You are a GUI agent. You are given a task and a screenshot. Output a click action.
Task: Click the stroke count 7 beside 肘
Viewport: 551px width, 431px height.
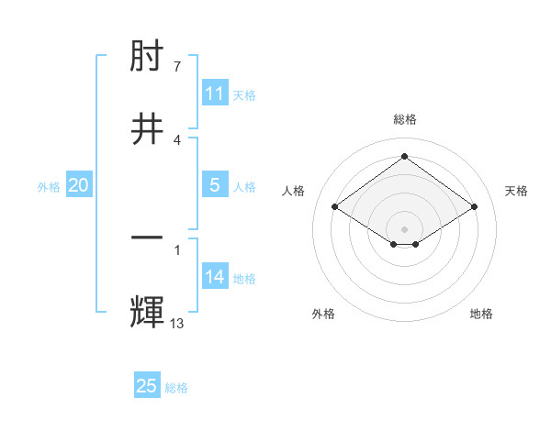click(x=177, y=67)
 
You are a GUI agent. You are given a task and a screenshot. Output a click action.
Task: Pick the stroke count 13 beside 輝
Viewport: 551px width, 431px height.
click(x=177, y=322)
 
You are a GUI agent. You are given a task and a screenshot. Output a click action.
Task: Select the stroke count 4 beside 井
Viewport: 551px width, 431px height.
click(x=177, y=139)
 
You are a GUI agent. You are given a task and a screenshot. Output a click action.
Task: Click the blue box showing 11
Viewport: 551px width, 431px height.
click(x=215, y=94)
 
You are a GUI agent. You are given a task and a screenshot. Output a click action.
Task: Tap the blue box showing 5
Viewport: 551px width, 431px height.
click(x=215, y=185)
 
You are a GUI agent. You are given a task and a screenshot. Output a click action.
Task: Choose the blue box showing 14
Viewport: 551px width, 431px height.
click(x=215, y=277)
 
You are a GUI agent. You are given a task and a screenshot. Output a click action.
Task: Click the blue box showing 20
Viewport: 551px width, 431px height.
click(x=79, y=185)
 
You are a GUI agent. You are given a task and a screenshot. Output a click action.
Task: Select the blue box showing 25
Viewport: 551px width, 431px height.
click(x=147, y=386)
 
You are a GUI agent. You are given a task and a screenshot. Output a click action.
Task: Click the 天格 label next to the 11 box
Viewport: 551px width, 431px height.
click(x=244, y=94)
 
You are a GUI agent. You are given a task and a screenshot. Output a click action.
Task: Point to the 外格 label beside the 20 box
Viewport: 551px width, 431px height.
click(x=49, y=186)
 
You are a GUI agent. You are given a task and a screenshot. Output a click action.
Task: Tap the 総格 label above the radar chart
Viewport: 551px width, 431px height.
click(x=405, y=119)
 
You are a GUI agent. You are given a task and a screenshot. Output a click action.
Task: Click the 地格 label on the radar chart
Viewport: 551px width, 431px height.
click(x=481, y=314)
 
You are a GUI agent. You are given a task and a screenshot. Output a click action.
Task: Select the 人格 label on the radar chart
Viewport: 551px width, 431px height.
click(x=294, y=191)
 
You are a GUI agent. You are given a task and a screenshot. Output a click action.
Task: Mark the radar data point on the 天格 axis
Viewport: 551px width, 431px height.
click(x=474, y=207)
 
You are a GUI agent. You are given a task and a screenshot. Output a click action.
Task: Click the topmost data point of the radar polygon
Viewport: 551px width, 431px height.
click(x=405, y=156)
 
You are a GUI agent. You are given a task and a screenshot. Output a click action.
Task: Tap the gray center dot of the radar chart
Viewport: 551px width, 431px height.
click(x=405, y=228)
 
